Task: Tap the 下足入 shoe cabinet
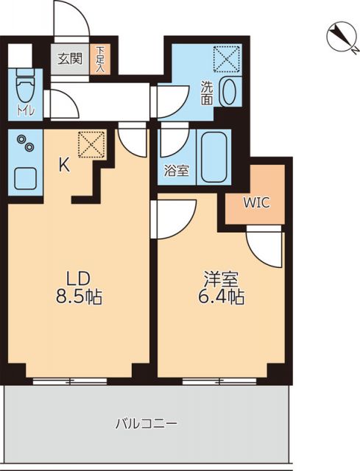pos(99,58)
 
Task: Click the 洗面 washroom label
pos(208,93)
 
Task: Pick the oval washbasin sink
pos(228,92)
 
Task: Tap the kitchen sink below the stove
pos(27,177)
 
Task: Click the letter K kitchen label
pos(64,166)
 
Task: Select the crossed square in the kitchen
pos(91,144)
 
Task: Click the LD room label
pos(79,280)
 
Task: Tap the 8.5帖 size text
pos(79,298)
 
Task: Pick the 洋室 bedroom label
pos(219,280)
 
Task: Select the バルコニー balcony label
pos(146,424)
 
